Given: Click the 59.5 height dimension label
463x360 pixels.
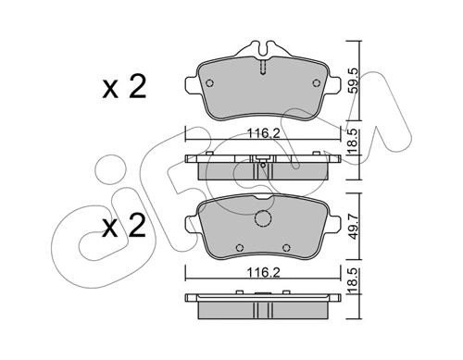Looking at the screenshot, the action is [x=354, y=81].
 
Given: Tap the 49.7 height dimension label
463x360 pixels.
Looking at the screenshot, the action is [x=354, y=227].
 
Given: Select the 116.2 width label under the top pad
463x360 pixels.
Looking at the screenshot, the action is [x=263, y=133].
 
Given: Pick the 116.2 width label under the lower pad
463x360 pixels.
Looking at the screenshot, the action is [x=263, y=272].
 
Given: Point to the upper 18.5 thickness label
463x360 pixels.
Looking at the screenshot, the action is [x=354, y=142].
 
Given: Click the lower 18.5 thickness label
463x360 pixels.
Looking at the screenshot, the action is [x=354, y=280].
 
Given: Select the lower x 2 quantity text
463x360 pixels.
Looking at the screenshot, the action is [x=124, y=226].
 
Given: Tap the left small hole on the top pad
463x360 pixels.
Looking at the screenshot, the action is [x=209, y=83].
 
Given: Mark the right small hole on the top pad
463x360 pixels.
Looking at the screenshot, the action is [x=317, y=83].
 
